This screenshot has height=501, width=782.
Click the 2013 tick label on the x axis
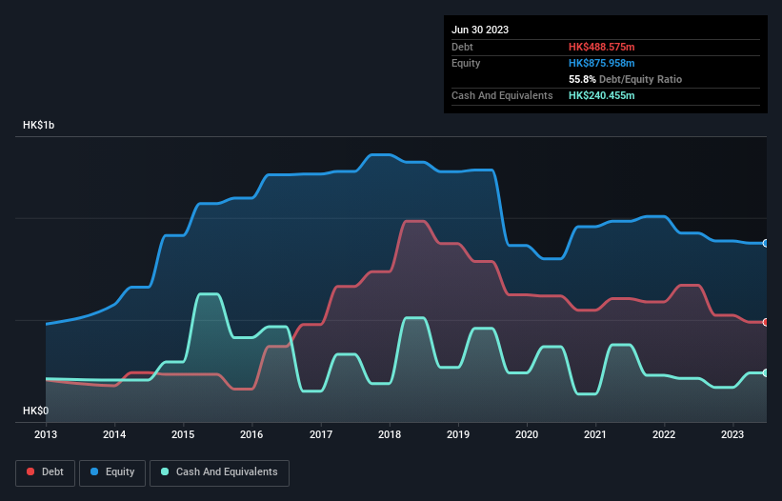(x=46, y=434)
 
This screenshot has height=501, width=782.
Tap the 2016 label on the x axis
(x=252, y=434)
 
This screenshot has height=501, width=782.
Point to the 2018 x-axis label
(x=390, y=434)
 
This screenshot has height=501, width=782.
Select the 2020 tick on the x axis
(x=527, y=434)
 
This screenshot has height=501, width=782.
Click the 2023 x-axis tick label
(x=733, y=434)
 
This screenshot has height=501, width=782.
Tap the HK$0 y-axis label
(x=37, y=411)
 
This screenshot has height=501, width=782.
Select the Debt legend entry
(x=44, y=471)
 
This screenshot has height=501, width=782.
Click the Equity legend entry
(x=113, y=471)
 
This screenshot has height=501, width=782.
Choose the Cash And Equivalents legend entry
(x=219, y=471)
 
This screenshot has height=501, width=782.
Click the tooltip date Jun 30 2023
(x=480, y=30)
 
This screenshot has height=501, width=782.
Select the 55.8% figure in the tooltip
(x=582, y=79)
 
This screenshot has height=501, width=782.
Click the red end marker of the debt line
(x=766, y=322)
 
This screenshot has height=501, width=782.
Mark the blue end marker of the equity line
(x=766, y=243)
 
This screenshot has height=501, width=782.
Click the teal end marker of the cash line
(x=766, y=372)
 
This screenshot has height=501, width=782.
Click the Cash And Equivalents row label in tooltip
(x=502, y=95)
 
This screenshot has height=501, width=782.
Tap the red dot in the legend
(x=31, y=471)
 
